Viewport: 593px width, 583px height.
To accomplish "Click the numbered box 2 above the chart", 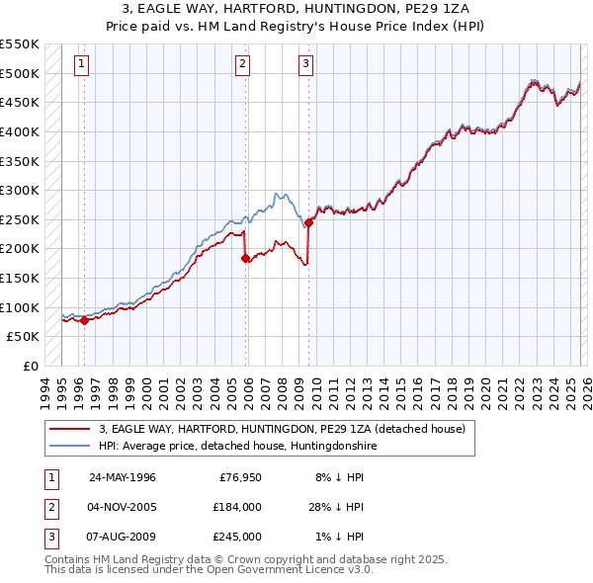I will click(x=242, y=65).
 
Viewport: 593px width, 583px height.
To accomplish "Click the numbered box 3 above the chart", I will click(x=306, y=65).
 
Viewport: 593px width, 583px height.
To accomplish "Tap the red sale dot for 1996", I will click(x=84, y=320).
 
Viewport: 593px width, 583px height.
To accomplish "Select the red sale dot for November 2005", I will click(x=246, y=258).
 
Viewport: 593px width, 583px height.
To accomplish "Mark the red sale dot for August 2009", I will click(x=309, y=222).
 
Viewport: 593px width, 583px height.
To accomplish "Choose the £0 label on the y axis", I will click(x=30, y=366).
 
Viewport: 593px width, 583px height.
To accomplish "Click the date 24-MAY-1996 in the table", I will click(x=123, y=476).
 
